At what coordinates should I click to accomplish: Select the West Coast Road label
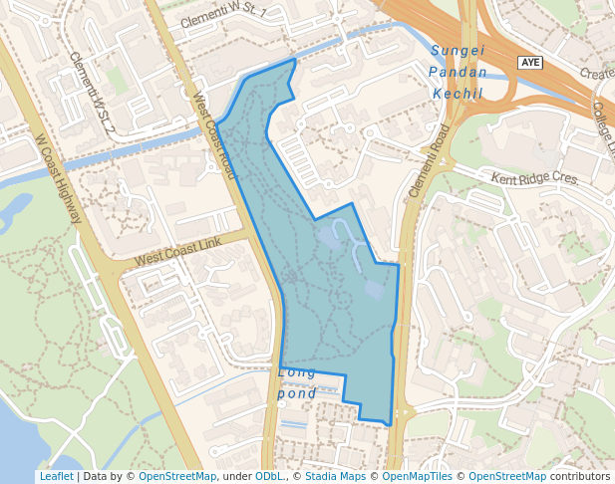pos(215,137)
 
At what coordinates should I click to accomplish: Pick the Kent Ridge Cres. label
pos(534,177)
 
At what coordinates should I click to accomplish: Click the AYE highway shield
pos(531,63)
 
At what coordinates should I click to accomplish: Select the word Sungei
pos(459,51)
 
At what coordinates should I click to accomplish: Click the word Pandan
pos(459,72)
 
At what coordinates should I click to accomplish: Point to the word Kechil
pos(459,93)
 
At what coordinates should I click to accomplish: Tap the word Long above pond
pos(297,372)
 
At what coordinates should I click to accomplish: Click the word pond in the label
pos(297,393)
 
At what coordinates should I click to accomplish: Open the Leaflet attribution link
pos(56,476)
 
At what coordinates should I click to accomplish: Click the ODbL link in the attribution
pos(269,476)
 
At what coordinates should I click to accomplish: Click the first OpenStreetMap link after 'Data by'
pos(177,476)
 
